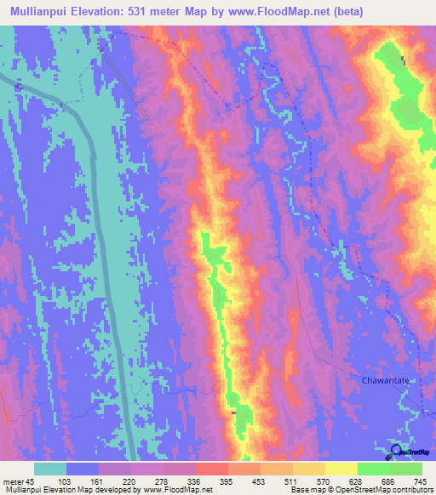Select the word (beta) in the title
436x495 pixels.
[348, 12]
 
